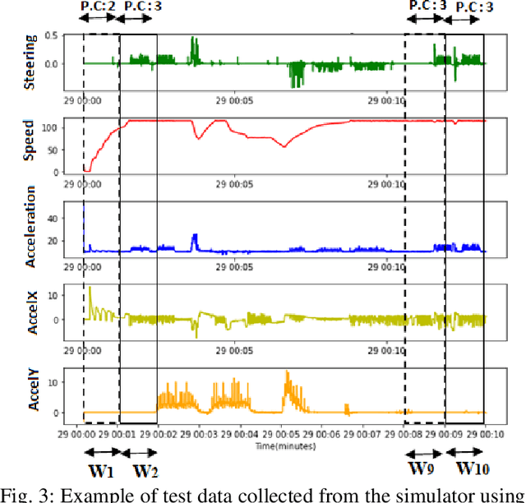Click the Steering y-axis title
31,53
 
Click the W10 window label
472,471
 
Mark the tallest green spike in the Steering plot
194,39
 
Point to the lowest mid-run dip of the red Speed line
284,146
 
